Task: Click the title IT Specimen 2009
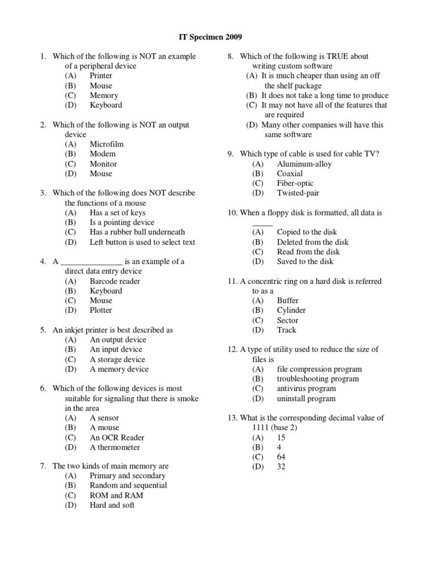(x=210, y=37)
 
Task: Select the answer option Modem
(x=103, y=154)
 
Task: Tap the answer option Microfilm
(x=106, y=144)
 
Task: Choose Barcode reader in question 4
(x=115, y=281)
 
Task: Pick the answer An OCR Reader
(x=117, y=438)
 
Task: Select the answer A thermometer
(x=115, y=448)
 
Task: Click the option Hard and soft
(x=112, y=505)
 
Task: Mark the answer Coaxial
(x=289, y=174)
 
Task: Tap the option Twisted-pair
(x=298, y=193)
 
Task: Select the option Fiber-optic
(x=295, y=184)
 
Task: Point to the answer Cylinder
(x=291, y=310)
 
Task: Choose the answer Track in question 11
(x=286, y=330)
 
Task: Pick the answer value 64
(x=281, y=457)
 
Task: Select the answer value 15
(x=281, y=438)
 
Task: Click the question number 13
(x=231, y=418)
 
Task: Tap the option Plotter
(x=101, y=310)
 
